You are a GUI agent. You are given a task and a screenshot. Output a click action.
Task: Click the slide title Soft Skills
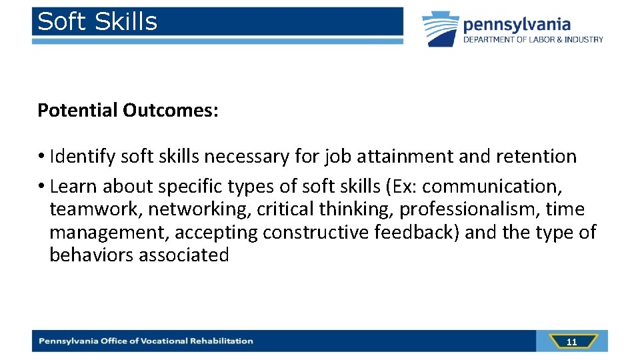tap(97, 22)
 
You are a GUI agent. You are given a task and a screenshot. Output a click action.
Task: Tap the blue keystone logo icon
tap(441, 29)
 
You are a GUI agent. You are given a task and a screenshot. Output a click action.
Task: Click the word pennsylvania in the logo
tap(517, 25)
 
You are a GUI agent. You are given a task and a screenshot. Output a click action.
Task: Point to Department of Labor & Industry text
tap(533, 39)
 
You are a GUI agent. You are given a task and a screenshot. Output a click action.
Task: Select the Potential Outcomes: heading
tap(127, 110)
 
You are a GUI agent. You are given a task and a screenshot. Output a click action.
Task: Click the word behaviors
tap(91, 255)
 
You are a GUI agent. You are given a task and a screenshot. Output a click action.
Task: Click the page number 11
tap(571, 342)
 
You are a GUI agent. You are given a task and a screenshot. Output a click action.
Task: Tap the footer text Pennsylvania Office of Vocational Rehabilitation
tap(146, 341)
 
